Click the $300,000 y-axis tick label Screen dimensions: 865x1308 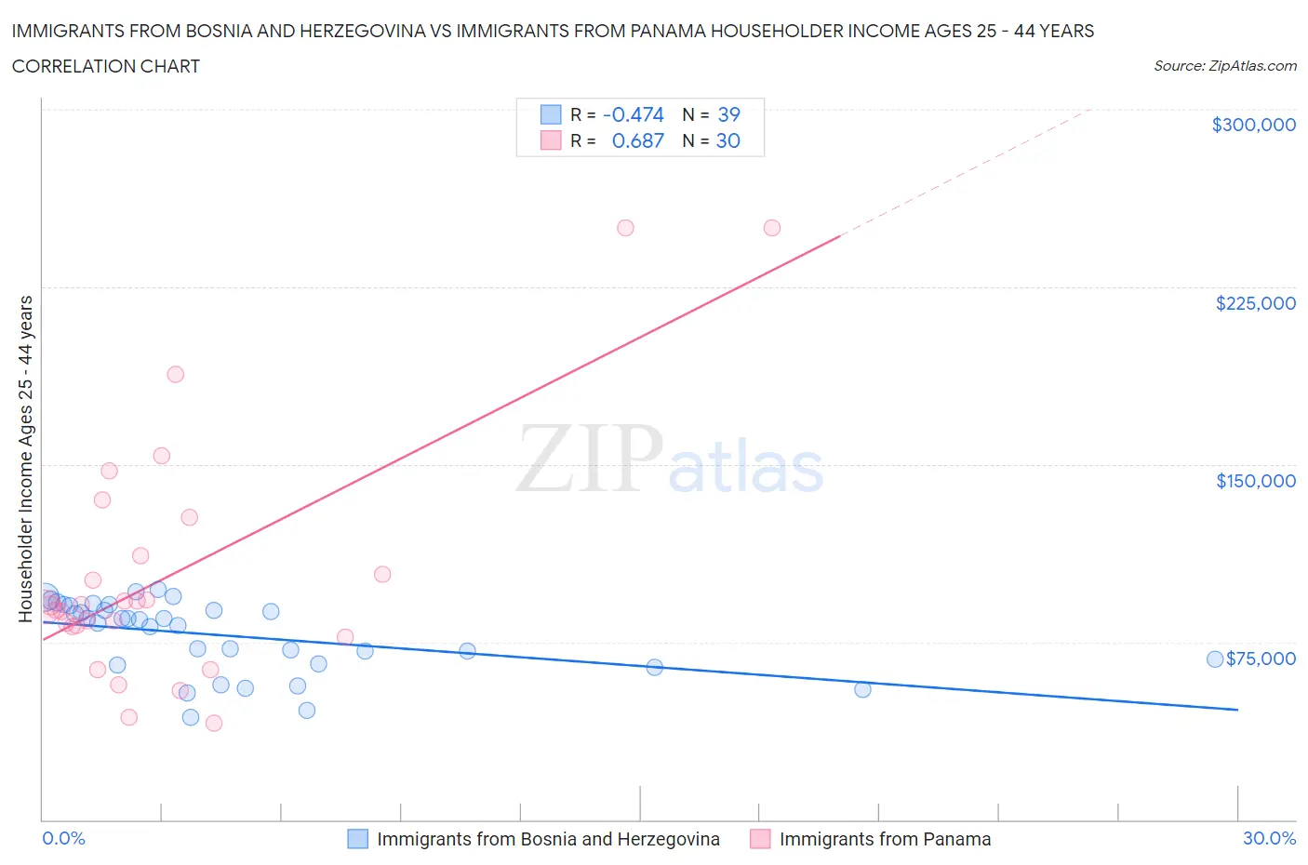tap(1253, 125)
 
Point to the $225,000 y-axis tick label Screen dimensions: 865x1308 tap(1255, 303)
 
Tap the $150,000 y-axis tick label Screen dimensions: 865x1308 tap(1255, 481)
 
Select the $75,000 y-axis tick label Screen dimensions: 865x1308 tap(1261, 659)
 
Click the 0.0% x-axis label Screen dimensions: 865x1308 tap(63, 838)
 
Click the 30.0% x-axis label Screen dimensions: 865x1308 tap(1269, 838)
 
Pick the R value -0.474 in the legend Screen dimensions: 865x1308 tap(633, 114)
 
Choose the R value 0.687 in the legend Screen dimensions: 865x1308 tap(637, 140)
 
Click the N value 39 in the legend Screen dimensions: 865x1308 tap(728, 114)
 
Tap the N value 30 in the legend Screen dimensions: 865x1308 tap(727, 140)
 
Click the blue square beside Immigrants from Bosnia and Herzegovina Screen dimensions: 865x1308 tap(358, 839)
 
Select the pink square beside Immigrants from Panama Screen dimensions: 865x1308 tap(760, 839)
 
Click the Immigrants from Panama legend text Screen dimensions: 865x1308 tap(885, 839)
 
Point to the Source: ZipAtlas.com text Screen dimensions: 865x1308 tap(1224, 66)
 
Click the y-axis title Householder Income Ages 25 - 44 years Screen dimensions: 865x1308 tap(25, 459)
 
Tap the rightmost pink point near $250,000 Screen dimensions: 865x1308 tap(771, 228)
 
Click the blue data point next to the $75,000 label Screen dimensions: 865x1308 tap(1214, 659)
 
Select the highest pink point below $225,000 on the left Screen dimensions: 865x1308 tap(175, 374)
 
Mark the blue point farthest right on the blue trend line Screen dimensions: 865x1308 tap(862, 689)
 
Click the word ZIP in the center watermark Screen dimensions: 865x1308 tap(589, 459)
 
